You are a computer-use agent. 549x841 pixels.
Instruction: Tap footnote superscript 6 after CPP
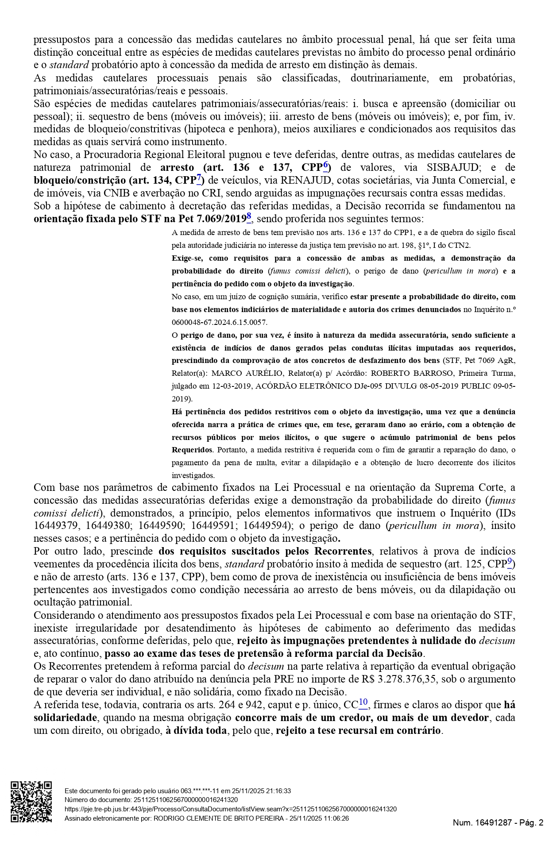(x=325, y=165)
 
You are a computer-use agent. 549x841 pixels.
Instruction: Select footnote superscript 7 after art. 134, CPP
(x=199, y=178)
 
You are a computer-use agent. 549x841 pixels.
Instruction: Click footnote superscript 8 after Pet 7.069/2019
(x=249, y=216)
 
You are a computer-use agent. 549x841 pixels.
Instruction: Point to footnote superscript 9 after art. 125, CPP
(x=510, y=562)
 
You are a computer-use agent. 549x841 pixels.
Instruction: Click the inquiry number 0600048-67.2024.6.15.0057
(x=226, y=322)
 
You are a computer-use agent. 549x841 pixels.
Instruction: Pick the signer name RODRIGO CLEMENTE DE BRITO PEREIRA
(x=219, y=818)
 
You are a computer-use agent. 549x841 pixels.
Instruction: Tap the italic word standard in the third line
(x=69, y=65)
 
